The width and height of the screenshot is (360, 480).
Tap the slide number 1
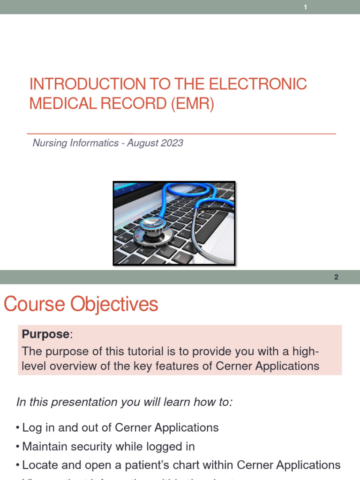tap(305, 7)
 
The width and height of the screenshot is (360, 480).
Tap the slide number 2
tap(336, 277)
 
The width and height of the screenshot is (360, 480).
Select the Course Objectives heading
tap(81, 305)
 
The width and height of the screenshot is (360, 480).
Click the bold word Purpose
tap(45, 334)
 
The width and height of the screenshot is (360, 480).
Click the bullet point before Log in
tap(17, 428)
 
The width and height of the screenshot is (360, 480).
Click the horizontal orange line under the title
tap(181, 134)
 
